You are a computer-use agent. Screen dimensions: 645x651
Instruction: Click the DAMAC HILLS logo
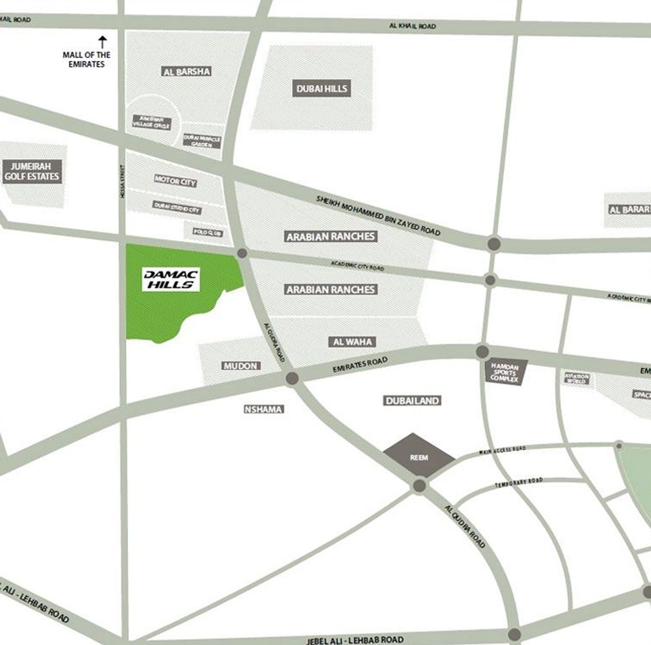tap(171, 280)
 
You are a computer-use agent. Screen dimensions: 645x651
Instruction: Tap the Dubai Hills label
tap(322, 88)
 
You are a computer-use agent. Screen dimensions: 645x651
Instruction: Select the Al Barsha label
tap(187, 71)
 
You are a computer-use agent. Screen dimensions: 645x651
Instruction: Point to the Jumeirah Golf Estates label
tap(32, 171)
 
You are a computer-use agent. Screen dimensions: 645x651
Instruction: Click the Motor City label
tap(175, 181)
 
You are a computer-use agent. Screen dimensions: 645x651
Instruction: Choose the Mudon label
tap(240, 366)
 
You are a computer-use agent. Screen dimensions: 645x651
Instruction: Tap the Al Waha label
tap(353, 342)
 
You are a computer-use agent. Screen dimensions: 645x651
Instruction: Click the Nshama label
tap(263, 409)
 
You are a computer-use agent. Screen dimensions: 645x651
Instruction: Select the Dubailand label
tap(412, 400)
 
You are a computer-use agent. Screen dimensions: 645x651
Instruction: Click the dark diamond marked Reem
tap(419, 456)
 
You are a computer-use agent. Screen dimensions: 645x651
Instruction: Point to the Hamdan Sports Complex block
tap(505, 372)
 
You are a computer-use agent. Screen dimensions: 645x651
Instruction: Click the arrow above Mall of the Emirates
tap(102, 42)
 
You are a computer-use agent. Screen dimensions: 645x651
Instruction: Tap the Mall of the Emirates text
tap(87, 59)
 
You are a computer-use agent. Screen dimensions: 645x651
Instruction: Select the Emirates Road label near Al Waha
tap(360, 365)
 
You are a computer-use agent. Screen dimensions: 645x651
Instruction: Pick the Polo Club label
tap(208, 233)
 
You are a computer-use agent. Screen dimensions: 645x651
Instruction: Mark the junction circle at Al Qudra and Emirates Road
tap(292, 378)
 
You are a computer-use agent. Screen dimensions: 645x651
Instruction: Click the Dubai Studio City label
tap(177, 207)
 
